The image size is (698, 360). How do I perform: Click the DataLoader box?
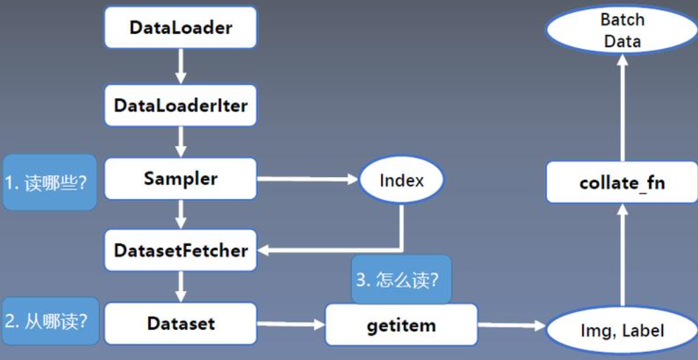pyautogui.click(x=180, y=28)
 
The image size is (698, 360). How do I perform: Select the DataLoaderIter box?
pyautogui.click(x=180, y=105)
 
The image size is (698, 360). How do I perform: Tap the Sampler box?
pyautogui.click(x=180, y=179)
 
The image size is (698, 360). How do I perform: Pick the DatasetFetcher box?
pyautogui.click(x=180, y=251)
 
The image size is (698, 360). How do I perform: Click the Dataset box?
pyautogui.click(x=180, y=324)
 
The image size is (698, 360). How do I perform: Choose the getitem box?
pyautogui.click(x=401, y=325)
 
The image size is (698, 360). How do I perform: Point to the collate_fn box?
pyautogui.click(x=622, y=182)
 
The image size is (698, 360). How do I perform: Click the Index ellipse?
pyautogui.click(x=402, y=180)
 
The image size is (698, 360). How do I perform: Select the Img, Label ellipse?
pyautogui.click(x=622, y=330)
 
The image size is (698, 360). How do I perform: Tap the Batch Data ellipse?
pyautogui.click(x=622, y=30)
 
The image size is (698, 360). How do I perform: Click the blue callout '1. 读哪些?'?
pyautogui.click(x=49, y=182)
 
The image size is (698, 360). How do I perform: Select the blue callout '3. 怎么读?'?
pyautogui.click(x=401, y=279)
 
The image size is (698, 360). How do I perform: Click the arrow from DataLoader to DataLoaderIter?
pyautogui.click(x=180, y=67)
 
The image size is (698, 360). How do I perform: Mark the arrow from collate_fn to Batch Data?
pyautogui.click(x=622, y=107)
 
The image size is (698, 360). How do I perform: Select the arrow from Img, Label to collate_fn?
pyautogui.click(x=622, y=255)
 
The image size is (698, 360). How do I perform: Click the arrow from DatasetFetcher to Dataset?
pyautogui.click(x=180, y=287)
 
